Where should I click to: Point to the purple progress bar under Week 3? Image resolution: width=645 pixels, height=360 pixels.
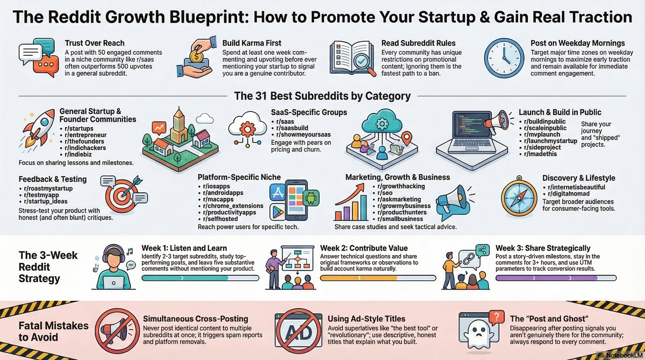coord(556,278)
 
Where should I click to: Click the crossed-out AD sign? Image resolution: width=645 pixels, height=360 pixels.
coord(298,329)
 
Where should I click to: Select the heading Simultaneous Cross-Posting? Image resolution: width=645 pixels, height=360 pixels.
coord(196,319)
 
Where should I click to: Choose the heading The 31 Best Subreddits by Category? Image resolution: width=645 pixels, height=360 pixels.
coord(322,96)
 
